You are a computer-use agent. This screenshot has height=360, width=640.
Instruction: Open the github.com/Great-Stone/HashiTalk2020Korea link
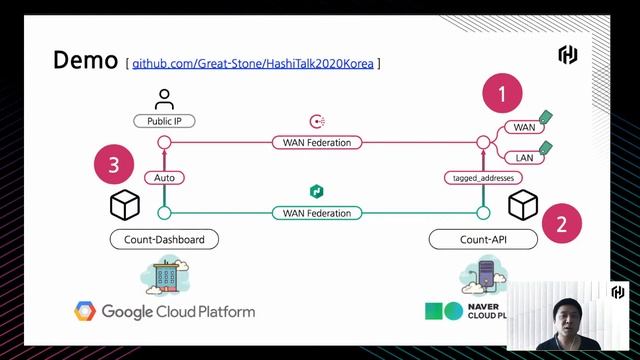click(253, 64)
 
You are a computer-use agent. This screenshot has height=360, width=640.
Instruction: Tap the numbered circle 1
click(503, 95)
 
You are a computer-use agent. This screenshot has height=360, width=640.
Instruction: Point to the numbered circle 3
click(115, 164)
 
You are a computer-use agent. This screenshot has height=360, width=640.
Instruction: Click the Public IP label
click(164, 121)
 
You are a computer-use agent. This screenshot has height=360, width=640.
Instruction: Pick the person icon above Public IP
click(164, 99)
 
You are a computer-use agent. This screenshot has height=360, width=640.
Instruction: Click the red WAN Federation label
click(316, 143)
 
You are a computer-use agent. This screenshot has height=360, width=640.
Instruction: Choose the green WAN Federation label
click(316, 212)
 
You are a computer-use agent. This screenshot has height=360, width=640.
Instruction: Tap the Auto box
click(165, 177)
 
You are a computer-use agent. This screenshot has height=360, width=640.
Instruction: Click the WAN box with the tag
click(525, 127)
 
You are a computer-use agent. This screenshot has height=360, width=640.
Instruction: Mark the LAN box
click(525, 158)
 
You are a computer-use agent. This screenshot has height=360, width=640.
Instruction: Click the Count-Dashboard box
click(164, 240)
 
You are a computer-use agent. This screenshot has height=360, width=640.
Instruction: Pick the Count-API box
click(483, 240)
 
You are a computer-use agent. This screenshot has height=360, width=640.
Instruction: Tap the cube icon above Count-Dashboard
click(125, 206)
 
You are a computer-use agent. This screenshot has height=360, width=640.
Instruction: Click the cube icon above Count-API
click(523, 206)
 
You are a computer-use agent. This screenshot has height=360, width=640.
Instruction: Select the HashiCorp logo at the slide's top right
click(568, 55)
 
